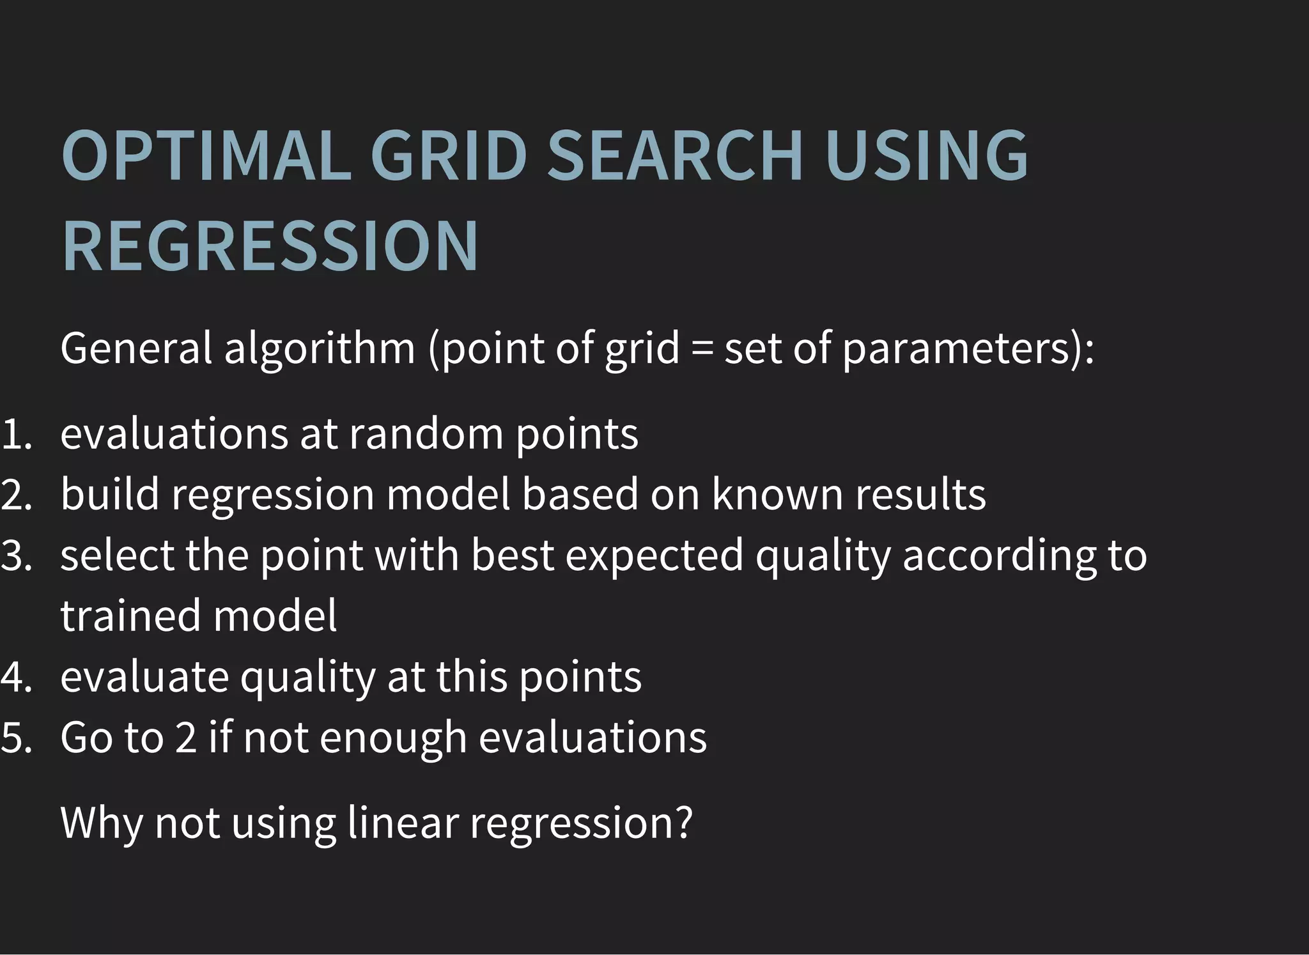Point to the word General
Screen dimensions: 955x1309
pyautogui.click(x=136, y=348)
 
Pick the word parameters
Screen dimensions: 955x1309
pyautogui.click(x=956, y=350)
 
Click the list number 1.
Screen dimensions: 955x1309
pyautogui.click(x=15, y=434)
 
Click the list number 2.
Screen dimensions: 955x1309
pyautogui.click(x=16, y=495)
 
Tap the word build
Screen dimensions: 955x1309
pyautogui.click(x=109, y=494)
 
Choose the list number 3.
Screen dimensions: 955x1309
pyautogui.click(x=16, y=555)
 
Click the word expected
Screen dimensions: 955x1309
pyautogui.click(x=654, y=555)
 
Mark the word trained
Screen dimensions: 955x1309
pyautogui.click(x=130, y=616)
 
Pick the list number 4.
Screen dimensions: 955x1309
pyautogui.click(x=16, y=677)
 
